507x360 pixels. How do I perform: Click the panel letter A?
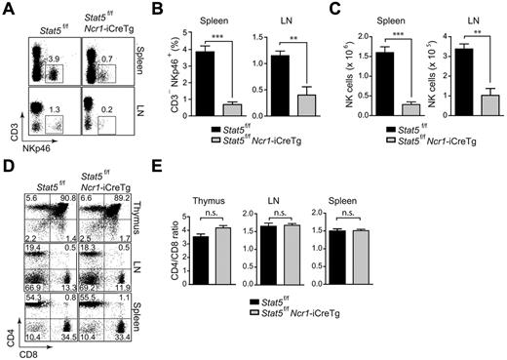(x=8, y=9)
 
